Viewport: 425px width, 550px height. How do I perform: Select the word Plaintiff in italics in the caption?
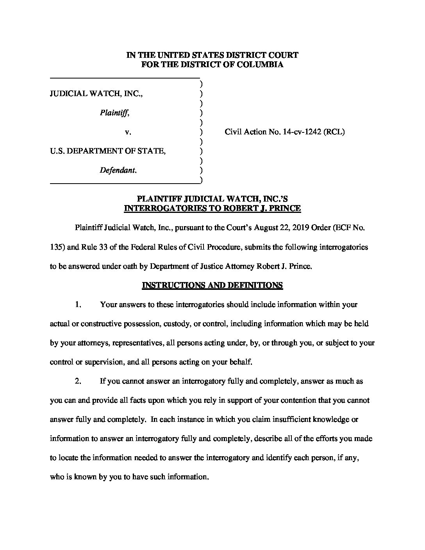pos(114,113)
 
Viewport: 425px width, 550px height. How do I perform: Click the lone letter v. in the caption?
pos(128,132)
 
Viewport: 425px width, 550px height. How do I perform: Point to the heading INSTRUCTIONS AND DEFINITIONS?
pos(212,286)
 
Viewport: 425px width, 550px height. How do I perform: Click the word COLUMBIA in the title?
pos(264,65)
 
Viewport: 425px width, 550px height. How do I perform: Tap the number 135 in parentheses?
pos(56,247)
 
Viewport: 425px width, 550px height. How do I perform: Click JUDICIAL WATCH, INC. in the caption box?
pos(96,94)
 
